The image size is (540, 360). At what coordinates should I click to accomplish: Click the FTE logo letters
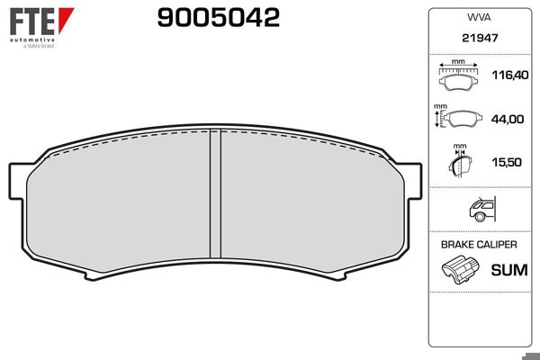pos(29,20)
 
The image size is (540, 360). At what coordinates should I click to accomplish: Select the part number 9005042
pos(219,18)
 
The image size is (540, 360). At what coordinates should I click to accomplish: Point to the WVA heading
pos(478,16)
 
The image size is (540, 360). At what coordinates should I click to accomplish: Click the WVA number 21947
pos(478,40)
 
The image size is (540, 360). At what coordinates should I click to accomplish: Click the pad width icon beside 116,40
pos(459,79)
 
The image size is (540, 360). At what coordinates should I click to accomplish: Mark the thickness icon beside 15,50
pos(460,163)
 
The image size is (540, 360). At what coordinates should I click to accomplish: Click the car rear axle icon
pos(481,211)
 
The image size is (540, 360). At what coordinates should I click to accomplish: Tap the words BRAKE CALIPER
pos(478,244)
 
